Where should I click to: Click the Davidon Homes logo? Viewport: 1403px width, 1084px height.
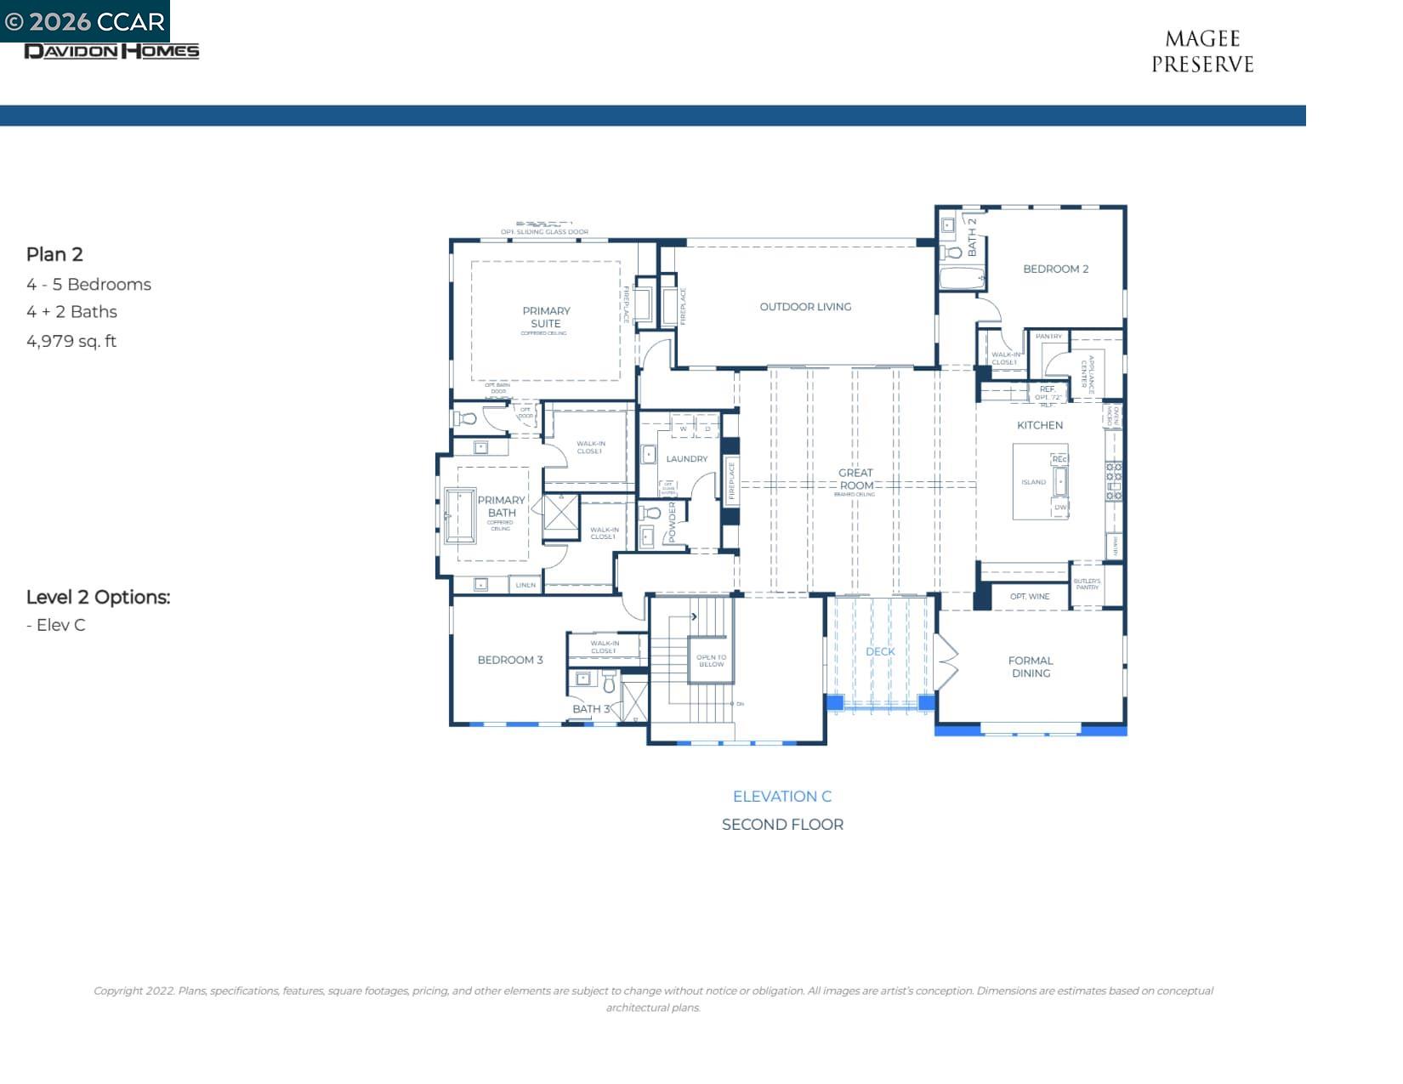[111, 51]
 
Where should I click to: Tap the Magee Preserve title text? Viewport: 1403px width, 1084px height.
[1201, 52]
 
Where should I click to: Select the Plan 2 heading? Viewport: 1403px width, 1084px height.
[54, 254]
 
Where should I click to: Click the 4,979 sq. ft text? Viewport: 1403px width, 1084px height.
[71, 341]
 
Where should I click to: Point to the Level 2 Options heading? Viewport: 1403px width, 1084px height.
[98, 597]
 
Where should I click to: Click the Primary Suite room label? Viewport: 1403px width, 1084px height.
[546, 317]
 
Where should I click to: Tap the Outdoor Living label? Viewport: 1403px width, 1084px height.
[805, 307]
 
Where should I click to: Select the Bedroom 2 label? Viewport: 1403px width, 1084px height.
[1055, 269]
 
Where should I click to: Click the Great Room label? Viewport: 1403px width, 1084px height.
[855, 480]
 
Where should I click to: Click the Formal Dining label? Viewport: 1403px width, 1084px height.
[1031, 667]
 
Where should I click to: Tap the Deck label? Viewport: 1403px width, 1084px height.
[880, 651]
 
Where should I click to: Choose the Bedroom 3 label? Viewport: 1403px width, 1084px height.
[509, 660]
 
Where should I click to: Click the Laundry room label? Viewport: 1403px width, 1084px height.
[686, 459]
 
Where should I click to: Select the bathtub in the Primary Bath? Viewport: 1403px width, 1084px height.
[460, 514]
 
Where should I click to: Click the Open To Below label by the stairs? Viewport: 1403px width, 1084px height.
[711, 661]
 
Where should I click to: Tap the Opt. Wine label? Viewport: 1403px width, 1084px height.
[1029, 597]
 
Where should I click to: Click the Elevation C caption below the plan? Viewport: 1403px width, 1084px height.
[781, 797]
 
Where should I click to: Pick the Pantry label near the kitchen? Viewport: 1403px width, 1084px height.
[1048, 337]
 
